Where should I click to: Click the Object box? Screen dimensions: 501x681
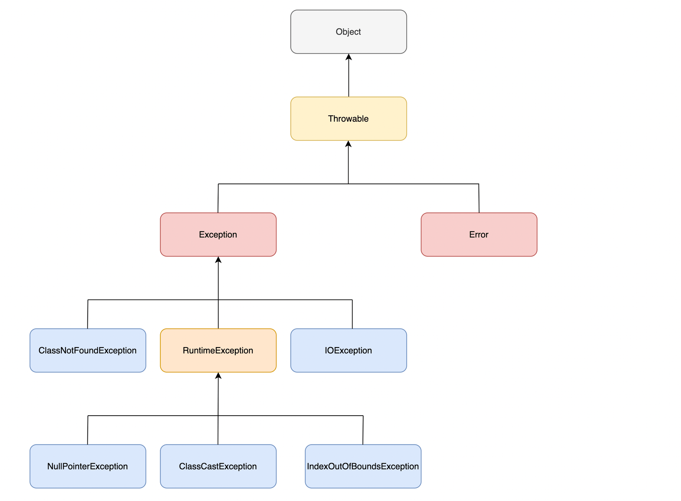point(348,32)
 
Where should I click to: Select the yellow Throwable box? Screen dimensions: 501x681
point(348,119)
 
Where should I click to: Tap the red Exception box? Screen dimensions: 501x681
point(218,234)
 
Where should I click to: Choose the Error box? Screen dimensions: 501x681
point(478,234)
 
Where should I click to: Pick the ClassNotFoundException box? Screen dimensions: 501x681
point(88,350)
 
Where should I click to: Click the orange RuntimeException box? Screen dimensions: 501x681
point(218,350)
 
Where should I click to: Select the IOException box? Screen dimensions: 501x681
point(348,350)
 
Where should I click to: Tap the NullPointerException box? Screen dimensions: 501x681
point(88,466)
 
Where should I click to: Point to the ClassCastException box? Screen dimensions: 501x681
point(218,466)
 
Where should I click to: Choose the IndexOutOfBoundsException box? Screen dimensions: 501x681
point(363,466)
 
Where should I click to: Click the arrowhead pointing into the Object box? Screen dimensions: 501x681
point(348,57)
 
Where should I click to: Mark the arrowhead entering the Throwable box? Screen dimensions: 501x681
point(348,144)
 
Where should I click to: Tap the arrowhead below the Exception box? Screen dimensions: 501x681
point(218,260)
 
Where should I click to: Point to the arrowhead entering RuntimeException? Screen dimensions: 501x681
point(218,376)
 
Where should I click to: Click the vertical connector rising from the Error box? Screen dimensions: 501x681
point(479,198)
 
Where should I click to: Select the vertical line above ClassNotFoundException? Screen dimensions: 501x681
point(88,314)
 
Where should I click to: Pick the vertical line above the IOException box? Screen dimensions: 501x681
point(352,314)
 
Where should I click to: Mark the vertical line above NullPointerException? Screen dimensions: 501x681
point(88,430)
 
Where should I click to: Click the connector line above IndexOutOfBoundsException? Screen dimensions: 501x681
point(363,430)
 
